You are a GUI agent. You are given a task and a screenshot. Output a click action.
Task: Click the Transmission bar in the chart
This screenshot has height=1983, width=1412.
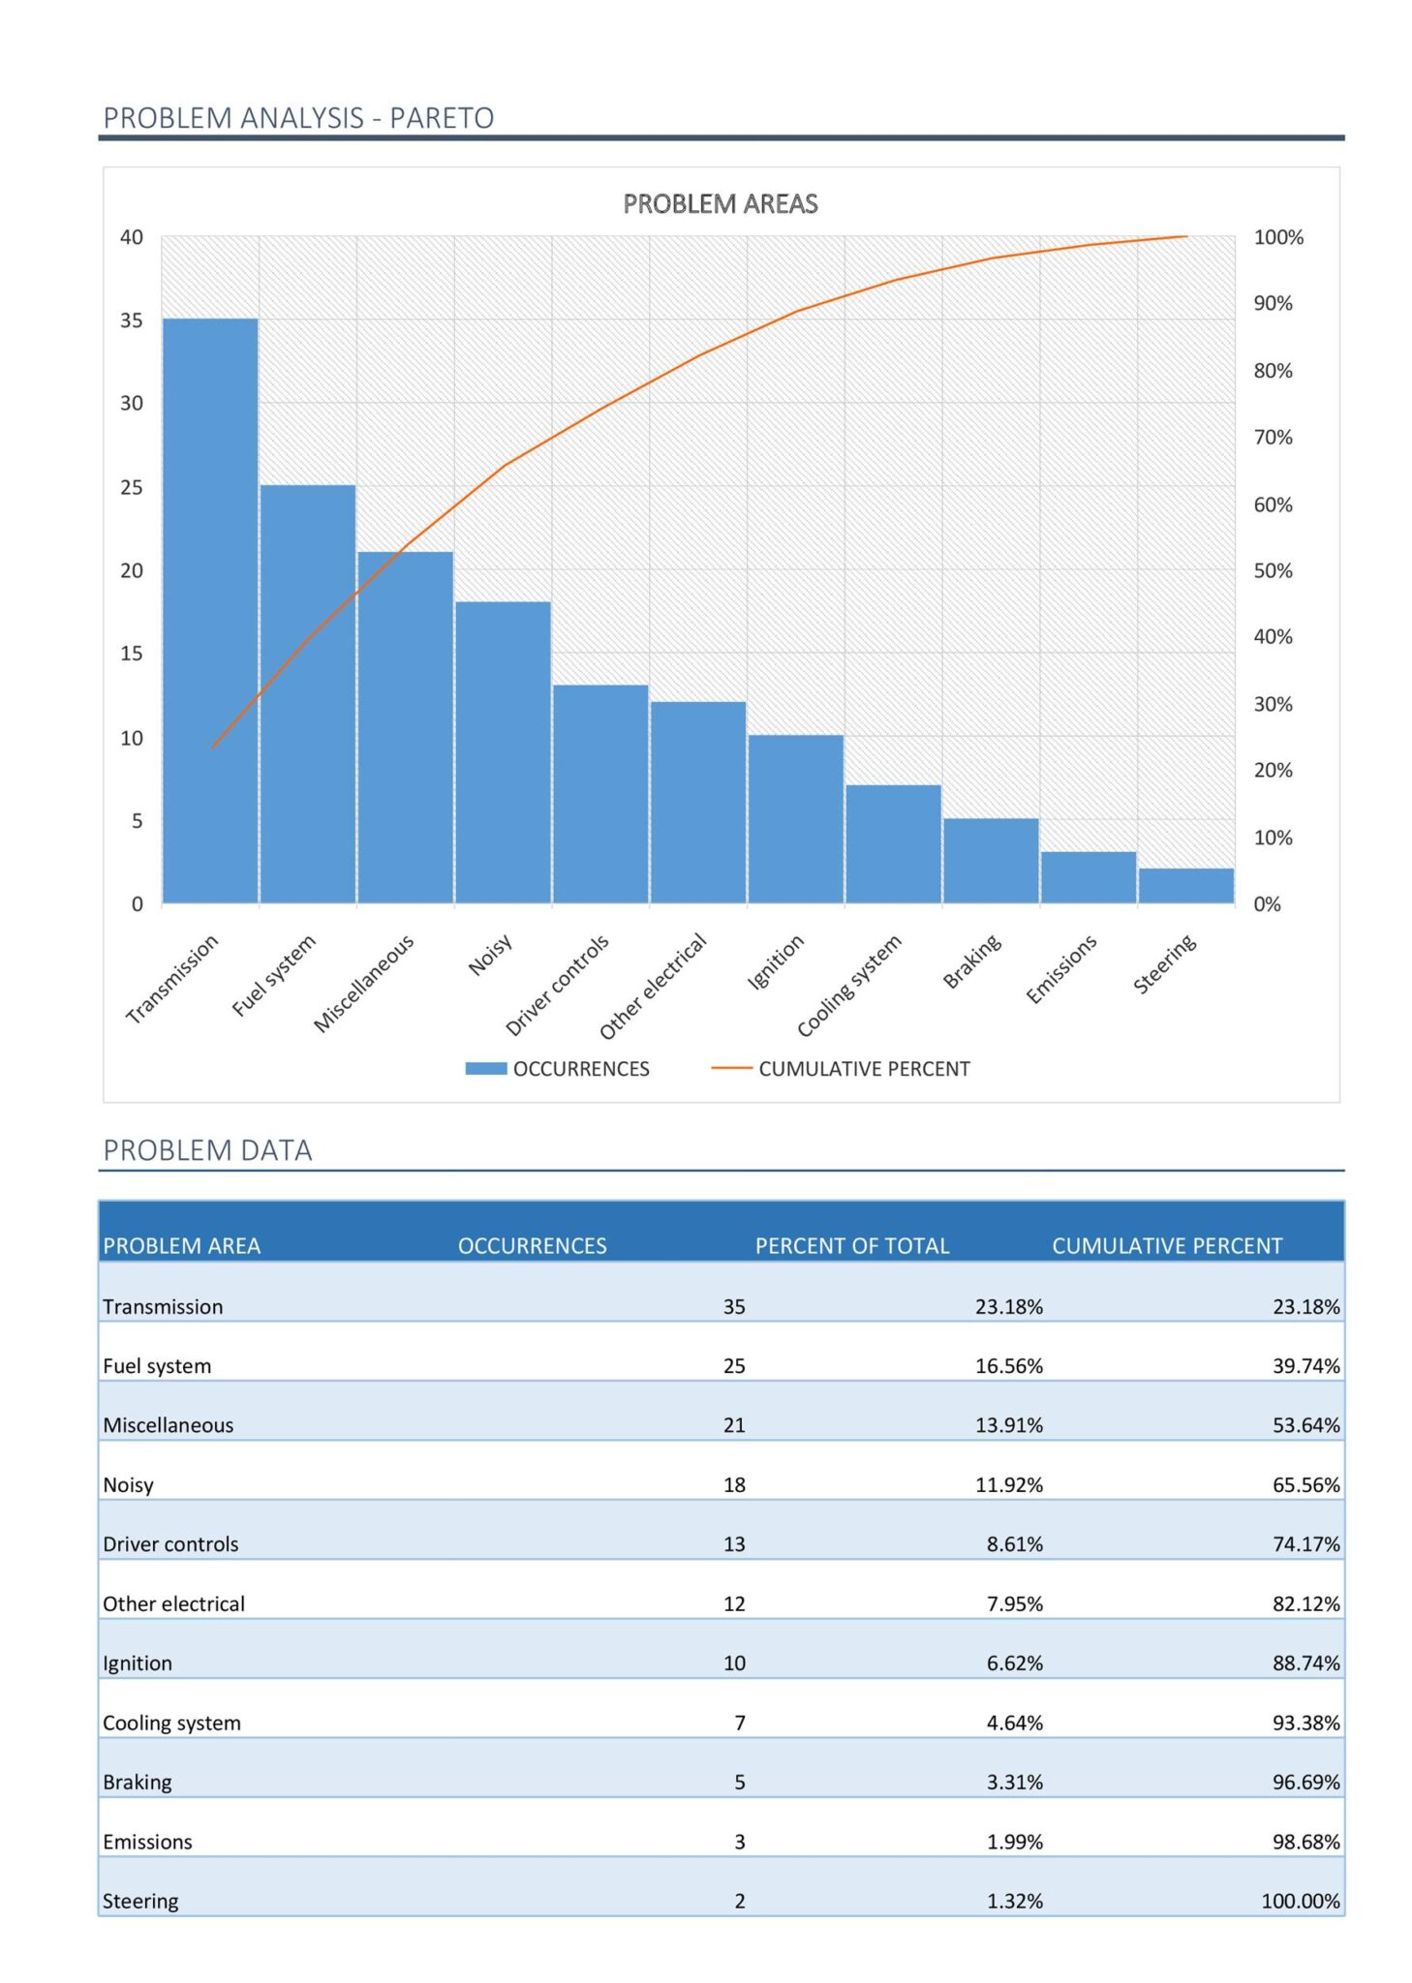point(210,610)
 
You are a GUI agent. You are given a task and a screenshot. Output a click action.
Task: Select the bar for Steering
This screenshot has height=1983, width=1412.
point(1185,885)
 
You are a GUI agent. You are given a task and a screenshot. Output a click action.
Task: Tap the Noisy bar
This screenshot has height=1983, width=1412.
point(503,751)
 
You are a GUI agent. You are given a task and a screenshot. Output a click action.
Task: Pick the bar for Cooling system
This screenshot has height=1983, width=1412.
point(893,843)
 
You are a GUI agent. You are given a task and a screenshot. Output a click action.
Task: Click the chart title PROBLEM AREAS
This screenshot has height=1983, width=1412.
point(720,203)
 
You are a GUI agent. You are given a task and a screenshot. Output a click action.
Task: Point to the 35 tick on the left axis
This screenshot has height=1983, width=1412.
point(131,320)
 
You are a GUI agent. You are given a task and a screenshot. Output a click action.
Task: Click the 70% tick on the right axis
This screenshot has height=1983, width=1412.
point(1272,437)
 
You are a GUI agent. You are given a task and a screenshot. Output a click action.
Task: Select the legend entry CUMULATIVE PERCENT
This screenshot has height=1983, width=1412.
point(863,1068)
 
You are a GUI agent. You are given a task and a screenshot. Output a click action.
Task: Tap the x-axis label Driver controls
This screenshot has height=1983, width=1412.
point(559,984)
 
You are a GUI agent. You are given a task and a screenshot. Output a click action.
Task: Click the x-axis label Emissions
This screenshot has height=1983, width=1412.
point(1061,968)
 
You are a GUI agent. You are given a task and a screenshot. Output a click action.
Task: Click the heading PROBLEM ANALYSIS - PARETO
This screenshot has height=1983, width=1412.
point(298,117)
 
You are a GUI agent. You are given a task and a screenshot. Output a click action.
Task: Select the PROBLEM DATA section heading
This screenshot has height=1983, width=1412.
point(207,1149)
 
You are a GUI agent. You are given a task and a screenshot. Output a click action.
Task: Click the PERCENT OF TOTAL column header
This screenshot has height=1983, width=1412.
point(851,1245)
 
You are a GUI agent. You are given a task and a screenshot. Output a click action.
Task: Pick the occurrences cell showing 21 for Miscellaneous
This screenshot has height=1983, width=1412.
point(733,1424)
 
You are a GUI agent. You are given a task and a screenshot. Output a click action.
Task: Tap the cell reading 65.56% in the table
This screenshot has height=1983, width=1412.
point(1305,1484)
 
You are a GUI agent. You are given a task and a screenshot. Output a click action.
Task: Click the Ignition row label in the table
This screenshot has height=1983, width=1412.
point(138,1663)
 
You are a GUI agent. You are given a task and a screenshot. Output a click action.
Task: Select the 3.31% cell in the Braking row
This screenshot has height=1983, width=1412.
point(1014,1782)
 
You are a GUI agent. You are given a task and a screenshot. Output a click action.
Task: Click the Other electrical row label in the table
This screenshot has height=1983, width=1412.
point(173,1603)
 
